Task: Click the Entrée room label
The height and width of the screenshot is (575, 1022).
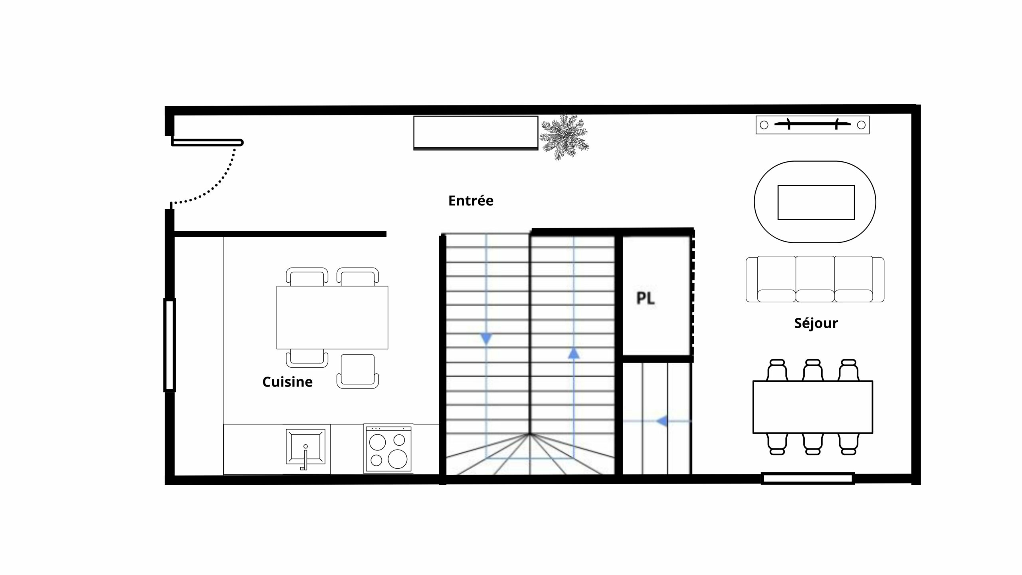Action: (x=471, y=200)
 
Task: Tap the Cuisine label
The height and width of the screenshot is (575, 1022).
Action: (x=287, y=382)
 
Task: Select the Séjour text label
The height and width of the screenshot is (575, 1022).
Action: (x=816, y=323)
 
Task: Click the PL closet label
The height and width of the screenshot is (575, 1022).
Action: (x=645, y=298)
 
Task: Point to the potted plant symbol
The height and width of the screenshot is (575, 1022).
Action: (x=564, y=137)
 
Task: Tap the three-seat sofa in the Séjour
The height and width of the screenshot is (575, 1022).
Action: (x=815, y=279)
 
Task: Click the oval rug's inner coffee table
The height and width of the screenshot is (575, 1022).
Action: (x=816, y=202)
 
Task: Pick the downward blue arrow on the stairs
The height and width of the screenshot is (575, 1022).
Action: (x=486, y=339)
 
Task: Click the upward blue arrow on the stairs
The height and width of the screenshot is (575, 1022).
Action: (x=574, y=353)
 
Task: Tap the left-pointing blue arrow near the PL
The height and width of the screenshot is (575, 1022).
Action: (x=662, y=421)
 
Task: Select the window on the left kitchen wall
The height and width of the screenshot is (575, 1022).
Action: (x=170, y=345)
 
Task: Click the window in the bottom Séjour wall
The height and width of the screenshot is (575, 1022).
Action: (x=807, y=478)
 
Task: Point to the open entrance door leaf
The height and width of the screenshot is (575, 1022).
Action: (x=207, y=143)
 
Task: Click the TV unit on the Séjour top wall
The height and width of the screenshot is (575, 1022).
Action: (x=812, y=125)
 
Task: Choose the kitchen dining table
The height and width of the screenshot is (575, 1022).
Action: (x=332, y=317)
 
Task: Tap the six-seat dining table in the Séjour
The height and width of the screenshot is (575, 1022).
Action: (x=813, y=407)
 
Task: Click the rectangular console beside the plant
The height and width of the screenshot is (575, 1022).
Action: (x=476, y=133)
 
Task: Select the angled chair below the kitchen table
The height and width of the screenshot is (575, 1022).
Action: (x=358, y=371)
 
